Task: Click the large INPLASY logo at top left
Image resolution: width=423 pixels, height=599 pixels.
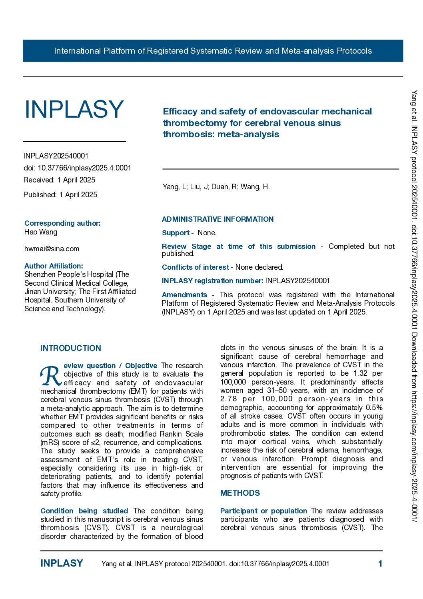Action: coord(74,109)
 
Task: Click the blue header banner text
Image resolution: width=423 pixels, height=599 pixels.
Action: coord(213,51)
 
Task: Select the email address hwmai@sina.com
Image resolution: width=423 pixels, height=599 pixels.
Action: coord(52,249)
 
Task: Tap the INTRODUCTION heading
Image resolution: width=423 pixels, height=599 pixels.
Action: coord(71,348)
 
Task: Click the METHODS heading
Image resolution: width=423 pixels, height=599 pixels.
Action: coord(240,493)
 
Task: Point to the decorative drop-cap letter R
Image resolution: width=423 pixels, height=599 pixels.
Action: coord(50,376)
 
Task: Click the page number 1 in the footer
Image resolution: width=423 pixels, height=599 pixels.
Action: coord(380,564)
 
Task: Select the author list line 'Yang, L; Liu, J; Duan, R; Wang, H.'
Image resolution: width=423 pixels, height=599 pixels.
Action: coord(216,187)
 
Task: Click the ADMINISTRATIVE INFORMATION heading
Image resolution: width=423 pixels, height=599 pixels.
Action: coord(217,219)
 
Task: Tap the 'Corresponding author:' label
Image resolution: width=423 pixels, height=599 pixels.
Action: coord(62,223)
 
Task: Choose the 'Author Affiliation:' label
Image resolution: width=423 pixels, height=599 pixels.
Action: coord(54,266)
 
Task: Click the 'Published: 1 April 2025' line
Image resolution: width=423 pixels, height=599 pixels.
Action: coord(60,195)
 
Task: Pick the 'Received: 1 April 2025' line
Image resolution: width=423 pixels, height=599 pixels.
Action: coord(60,180)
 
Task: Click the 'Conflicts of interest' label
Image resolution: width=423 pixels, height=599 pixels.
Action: coord(196,267)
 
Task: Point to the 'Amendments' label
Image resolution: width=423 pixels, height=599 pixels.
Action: coord(184,295)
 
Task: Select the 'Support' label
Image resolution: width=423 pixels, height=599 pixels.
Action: coord(176,233)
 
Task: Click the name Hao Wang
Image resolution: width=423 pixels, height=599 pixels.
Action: coord(41,232)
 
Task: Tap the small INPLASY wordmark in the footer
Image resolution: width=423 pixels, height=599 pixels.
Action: coord(62,563)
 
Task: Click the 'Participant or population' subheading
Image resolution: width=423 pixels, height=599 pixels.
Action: coord(263,511)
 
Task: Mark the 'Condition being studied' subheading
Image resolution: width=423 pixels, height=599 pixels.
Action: coord(84,511)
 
